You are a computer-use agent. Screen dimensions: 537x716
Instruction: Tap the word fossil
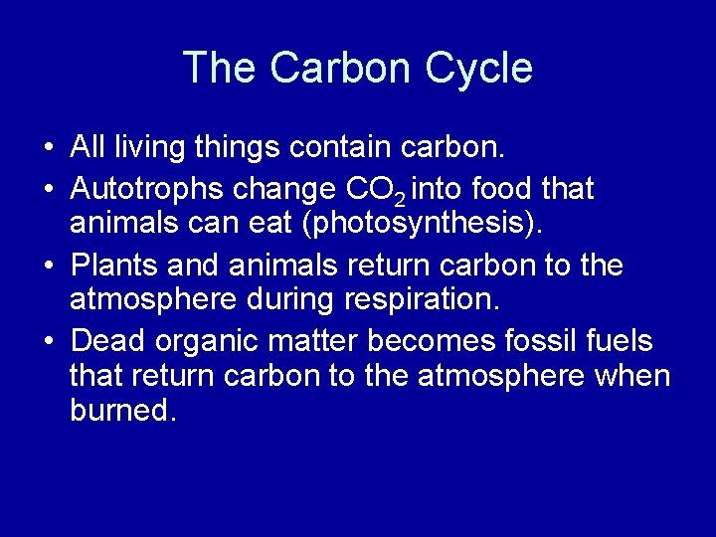541,341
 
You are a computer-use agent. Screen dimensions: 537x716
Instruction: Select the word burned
123,410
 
